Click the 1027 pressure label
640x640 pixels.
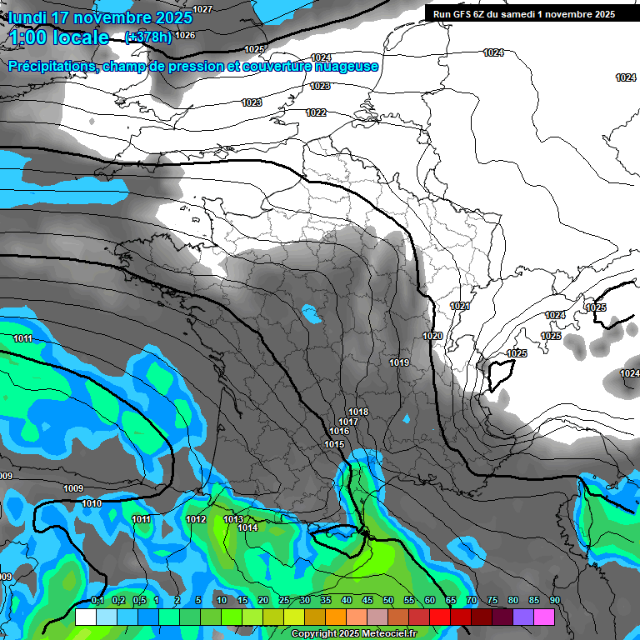[202, 9]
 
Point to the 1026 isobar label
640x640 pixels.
[185, 35]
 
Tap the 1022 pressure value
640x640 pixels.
[316, 112]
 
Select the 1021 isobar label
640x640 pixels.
[460, 307]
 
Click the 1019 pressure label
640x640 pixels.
[399, 362]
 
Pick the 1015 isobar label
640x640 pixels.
[334, 444]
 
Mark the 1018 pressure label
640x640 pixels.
[358, 412]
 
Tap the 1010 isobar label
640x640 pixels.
[92, 503]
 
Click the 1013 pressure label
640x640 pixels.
[233, 519]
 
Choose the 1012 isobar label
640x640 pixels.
[196, 519]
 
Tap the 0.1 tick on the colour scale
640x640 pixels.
[97, 601]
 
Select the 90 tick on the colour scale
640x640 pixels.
[554, 601]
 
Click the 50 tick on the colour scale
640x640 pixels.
[388, 601]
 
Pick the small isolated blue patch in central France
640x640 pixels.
[312, 315]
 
